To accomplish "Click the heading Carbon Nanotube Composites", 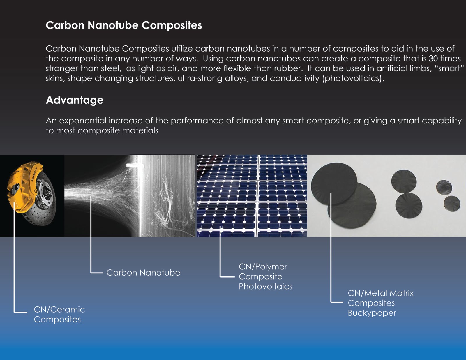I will (124, 25).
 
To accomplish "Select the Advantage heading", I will (75, 100).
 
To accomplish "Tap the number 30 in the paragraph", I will (433, 59).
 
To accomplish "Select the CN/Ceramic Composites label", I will (59, 314).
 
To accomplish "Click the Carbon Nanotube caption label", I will (143, 273).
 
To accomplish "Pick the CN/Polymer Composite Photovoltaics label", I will (265, 276).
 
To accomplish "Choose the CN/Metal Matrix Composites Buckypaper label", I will (380, 303).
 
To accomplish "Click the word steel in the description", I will (110, 68).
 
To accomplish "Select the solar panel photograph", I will (252, 196).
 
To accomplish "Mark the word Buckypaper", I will (372, 313).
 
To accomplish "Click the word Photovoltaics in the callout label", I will (265, 287).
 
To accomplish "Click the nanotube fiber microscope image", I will (130, 196).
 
